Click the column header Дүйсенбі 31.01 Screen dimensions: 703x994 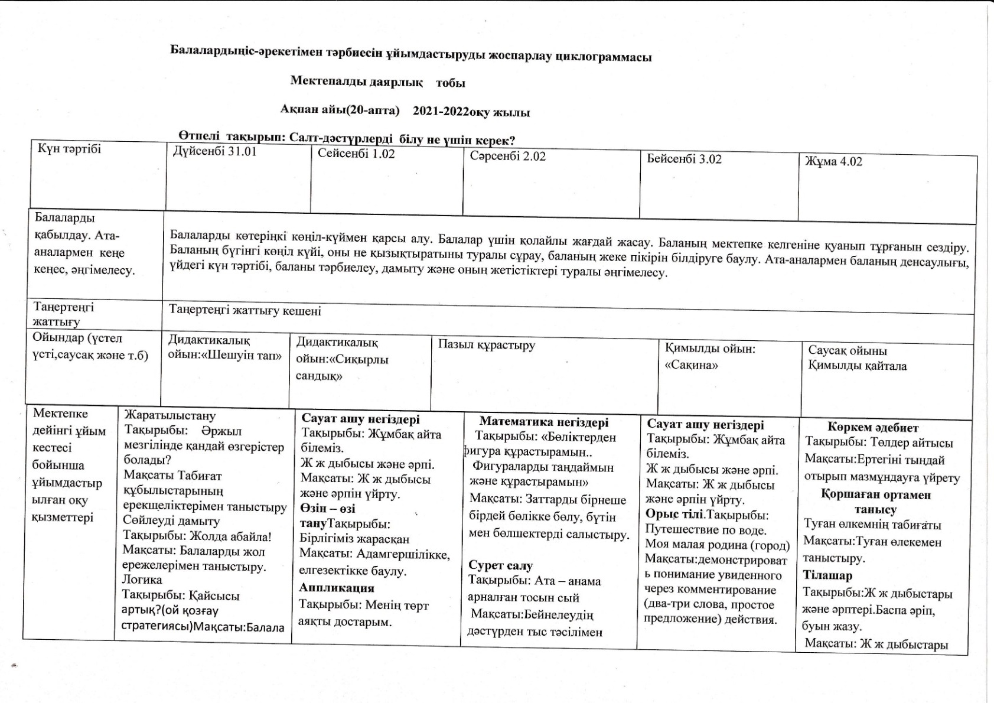tap(214, 151)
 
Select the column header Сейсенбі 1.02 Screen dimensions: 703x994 tap(356, 154)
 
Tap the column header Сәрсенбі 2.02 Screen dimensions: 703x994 tap(507, 157)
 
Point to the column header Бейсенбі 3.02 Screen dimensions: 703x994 tap(684, 159)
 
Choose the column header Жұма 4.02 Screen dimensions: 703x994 tap(833, 161)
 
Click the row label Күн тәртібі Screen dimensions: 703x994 tap(70, 149)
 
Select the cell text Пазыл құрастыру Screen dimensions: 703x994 tap(487, 345)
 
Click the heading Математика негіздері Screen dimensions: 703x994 tap(543, 422)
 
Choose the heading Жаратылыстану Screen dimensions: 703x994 tap(170, 416)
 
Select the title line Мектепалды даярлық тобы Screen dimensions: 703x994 tap(377, 83)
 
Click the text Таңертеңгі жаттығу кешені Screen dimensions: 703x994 tap(245, 310)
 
